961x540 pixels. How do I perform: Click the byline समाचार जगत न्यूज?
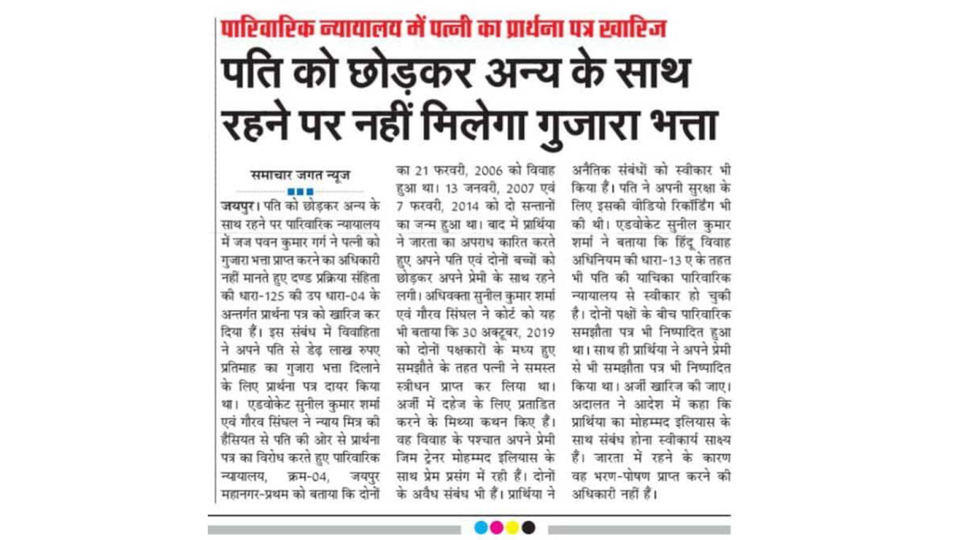pos(300,175)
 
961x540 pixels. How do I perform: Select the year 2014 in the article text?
pos(465,207)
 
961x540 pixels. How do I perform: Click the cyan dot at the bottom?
pos(481,528)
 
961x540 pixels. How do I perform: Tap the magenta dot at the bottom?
pos(497,528)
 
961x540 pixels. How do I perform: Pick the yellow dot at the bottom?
pos(512,528)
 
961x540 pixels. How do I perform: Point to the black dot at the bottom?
pos(528,528)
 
